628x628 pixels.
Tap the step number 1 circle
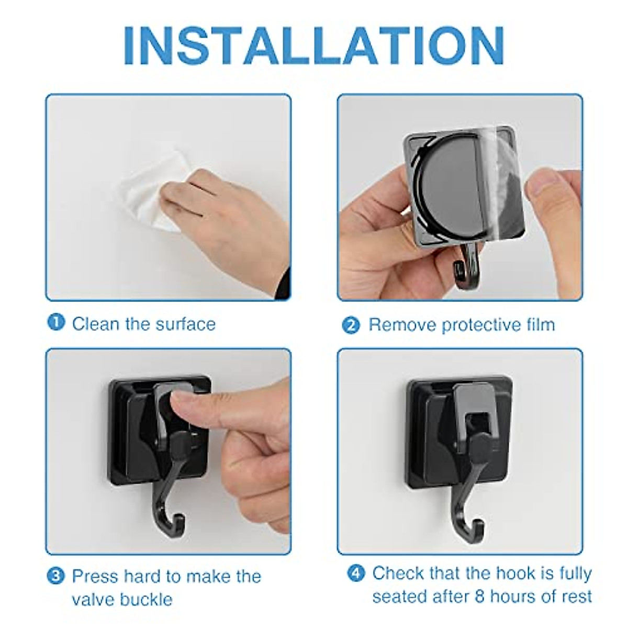[56, 323]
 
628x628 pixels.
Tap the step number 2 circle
[351, 325]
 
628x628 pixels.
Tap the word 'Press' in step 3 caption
[94, 576]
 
